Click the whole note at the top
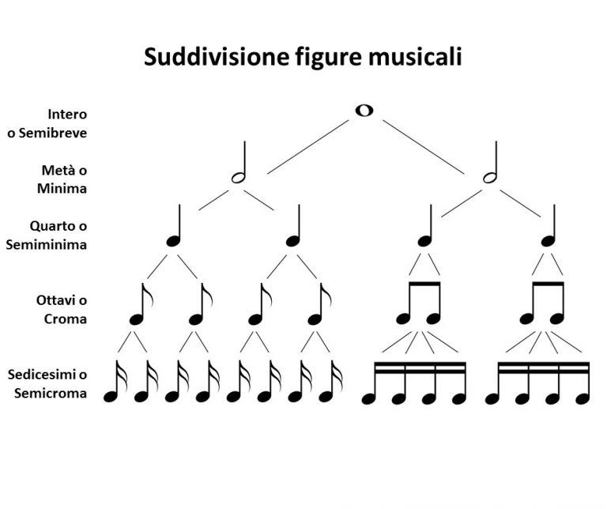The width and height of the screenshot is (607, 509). [364, 111]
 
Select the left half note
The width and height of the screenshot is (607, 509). [238, 176]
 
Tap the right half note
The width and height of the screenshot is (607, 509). [490, 176]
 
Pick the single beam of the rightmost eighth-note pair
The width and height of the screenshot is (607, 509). [548, 282]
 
